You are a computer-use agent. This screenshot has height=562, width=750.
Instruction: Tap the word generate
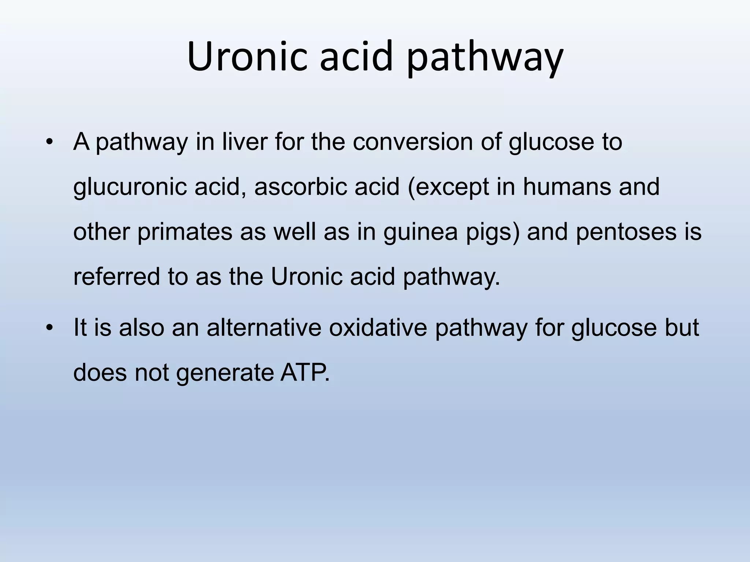point(225,374)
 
